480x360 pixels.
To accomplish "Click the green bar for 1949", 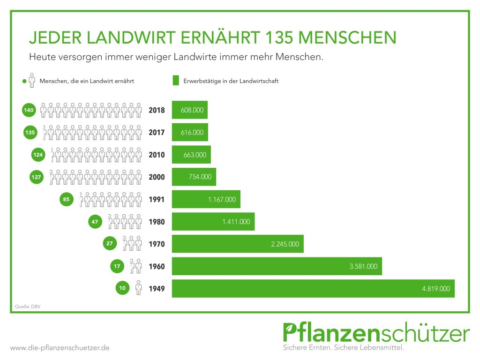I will click(313, 288).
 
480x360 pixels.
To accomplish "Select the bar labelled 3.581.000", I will click(277, 266).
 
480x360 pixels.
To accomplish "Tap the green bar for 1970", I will click(238, 244).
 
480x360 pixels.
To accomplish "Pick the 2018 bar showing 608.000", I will click(189, 110).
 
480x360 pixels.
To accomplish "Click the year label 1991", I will click(157, 199).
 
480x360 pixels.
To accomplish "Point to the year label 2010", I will click(157, 155).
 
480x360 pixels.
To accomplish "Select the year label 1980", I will click(157, 222).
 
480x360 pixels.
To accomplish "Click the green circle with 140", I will click(29, 110).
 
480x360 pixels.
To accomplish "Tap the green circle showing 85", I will click(66, 199).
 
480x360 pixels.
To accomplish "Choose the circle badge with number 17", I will click(117, 266).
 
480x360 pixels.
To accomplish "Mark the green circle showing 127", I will click(37, 177).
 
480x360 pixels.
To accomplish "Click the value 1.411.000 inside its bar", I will click(236, 222).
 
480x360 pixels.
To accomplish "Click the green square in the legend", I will click(176, 81).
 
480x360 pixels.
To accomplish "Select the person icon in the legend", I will click(32, 81).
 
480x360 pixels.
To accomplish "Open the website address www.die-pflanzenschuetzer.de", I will click(60, 348).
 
